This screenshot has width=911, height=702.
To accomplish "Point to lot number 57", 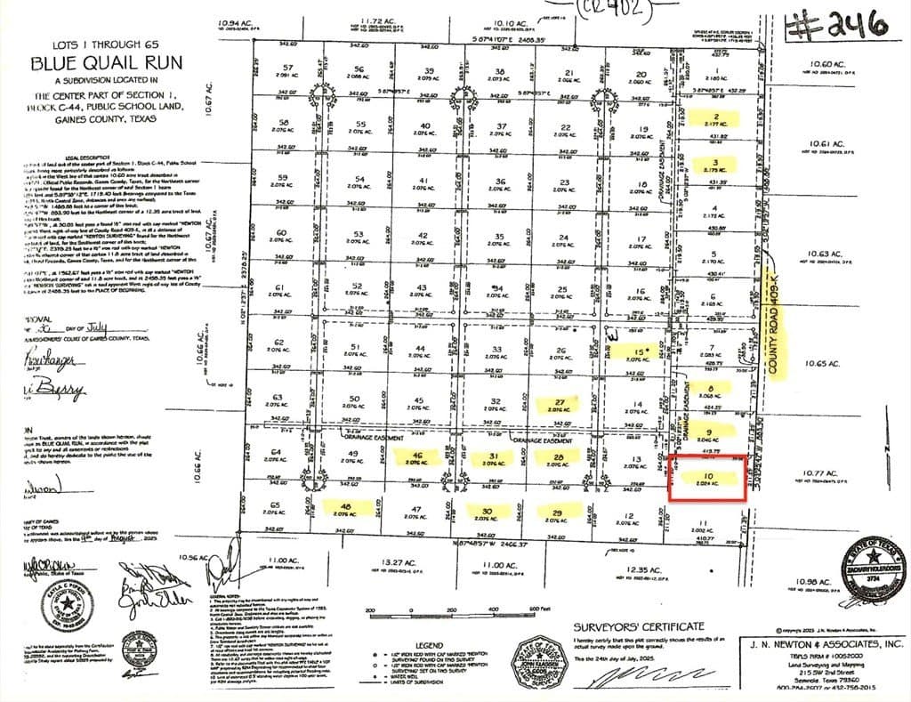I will point(286,68).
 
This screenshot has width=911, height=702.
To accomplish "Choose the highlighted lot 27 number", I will point(560,402).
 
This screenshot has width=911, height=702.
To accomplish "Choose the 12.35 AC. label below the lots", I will point(641,569).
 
